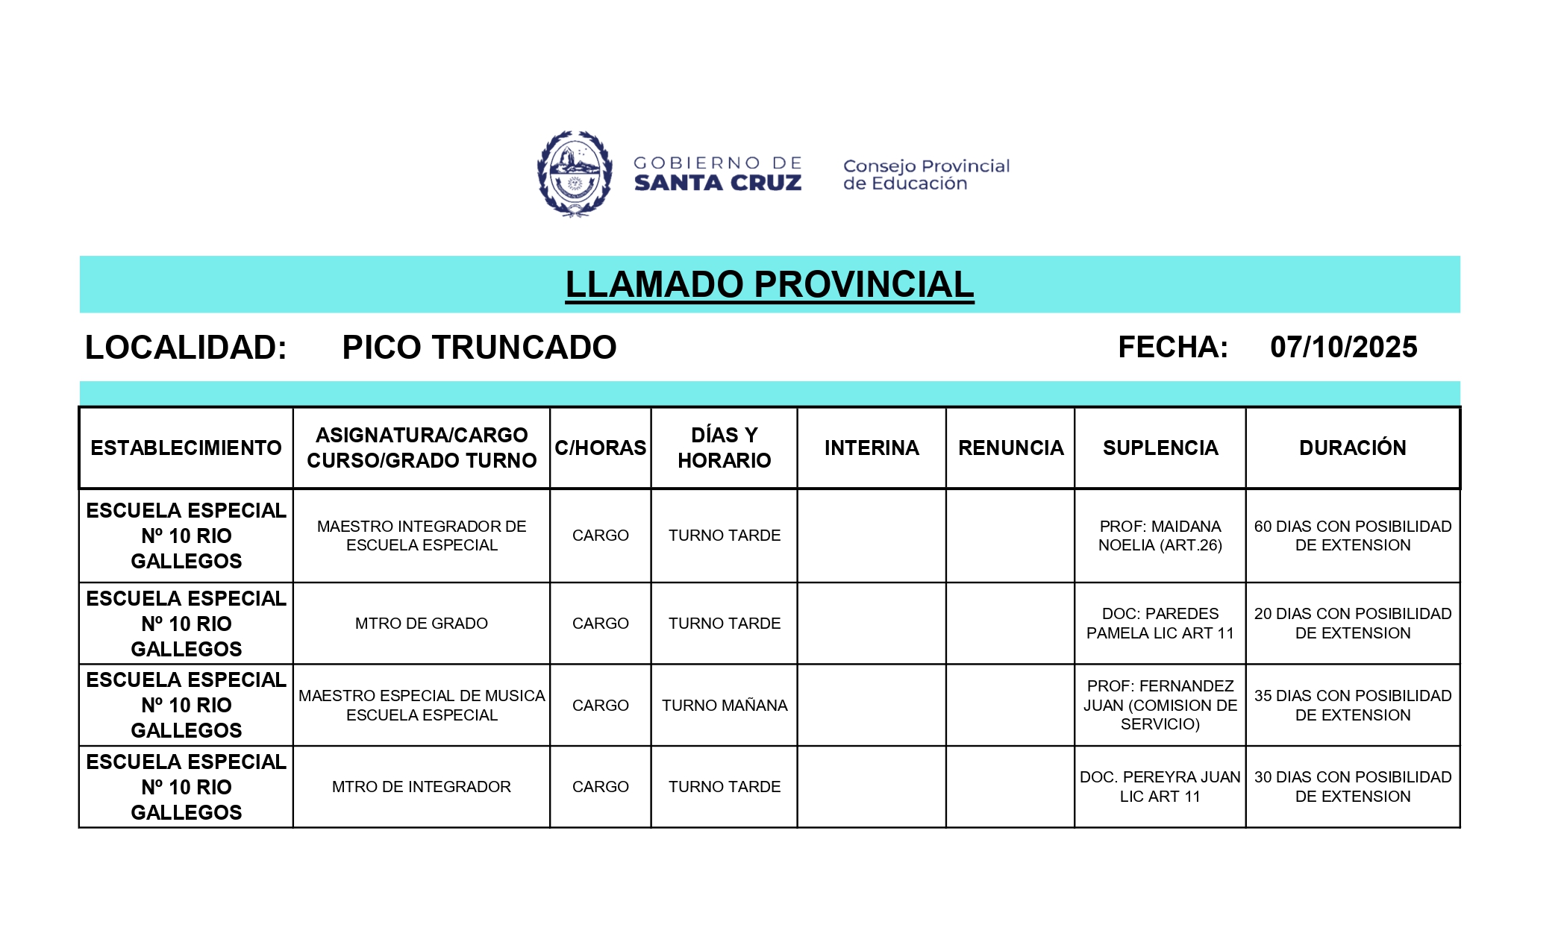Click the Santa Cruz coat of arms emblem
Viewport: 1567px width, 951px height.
point(575,174)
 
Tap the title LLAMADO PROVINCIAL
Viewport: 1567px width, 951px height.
point(769,284)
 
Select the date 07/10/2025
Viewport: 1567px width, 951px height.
point(1343,347)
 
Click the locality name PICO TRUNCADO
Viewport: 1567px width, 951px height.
point(479,347)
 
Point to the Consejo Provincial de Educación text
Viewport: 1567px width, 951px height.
point(925,175)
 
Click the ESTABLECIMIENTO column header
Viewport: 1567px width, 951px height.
point(186,448)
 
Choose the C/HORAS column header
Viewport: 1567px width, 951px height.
point(600,448)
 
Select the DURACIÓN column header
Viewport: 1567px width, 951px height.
point(1352,448)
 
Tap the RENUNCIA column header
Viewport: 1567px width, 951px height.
point(1010,448)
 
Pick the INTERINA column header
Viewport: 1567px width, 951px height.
point(872,448)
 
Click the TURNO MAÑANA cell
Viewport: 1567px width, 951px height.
point(724,705)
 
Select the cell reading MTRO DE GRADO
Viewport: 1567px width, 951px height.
point(421,624)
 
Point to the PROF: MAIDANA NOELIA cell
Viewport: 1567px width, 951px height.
point(1160,536)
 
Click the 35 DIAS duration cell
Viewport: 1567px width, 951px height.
point(1352,705)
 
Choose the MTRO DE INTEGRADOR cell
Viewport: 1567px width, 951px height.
point(421,787)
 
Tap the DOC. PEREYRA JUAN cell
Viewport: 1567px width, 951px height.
point(1160,787)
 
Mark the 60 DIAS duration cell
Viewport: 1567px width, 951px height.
point(1352,536)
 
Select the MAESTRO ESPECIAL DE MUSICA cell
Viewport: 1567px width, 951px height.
point(421,705)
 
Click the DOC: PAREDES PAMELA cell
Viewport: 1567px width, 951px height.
point(1160,624)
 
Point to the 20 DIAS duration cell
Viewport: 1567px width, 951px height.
point(1352,624)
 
